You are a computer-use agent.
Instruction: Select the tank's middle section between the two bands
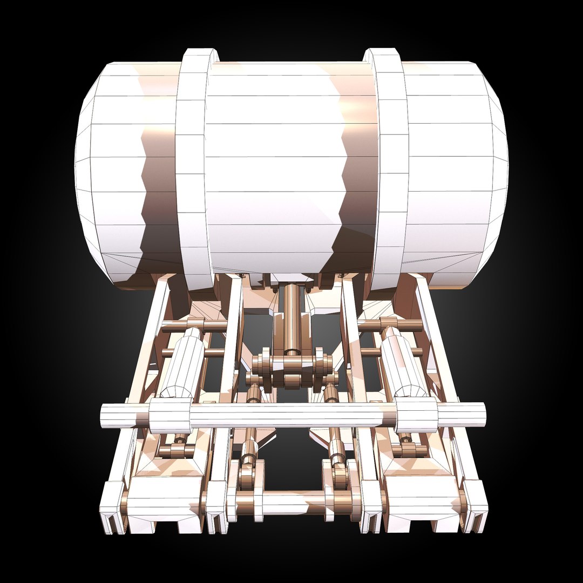[x=286, y=162]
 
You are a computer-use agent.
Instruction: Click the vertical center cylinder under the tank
[x=292, y=318]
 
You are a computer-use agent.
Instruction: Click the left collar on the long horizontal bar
[x=170, y=416]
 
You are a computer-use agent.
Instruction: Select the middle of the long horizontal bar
[x=291, y=416]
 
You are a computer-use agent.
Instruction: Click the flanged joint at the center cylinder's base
[x=292, y=364]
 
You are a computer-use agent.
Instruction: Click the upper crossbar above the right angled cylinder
[x=390, y=325]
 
